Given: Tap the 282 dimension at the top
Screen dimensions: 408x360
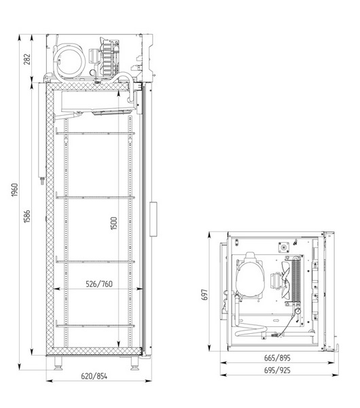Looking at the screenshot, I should [x=26, y=58].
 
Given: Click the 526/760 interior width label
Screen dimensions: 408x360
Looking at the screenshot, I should [x=95, y=284].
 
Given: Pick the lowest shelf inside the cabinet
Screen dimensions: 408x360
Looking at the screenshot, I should [x=91, y=326].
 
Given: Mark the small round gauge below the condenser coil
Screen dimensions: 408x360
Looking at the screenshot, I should [x=298, y=311].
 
